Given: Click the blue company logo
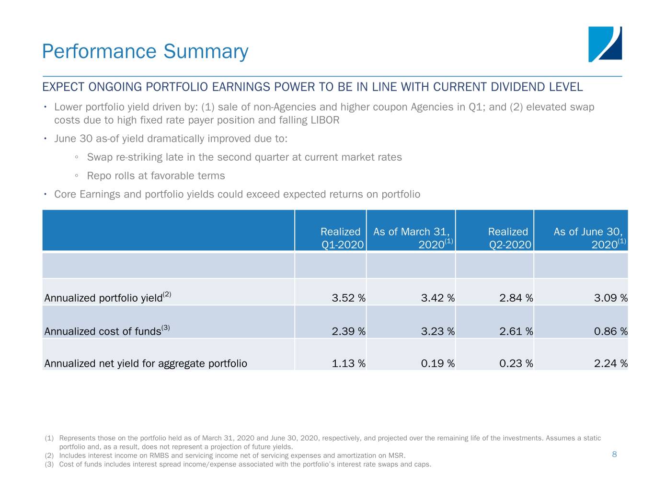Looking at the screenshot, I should tap(605, 44).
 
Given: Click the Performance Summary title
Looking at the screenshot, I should tap(145, 51).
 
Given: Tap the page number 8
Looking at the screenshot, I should tap(614, 454).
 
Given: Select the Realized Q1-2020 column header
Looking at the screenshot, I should tap(341, 238).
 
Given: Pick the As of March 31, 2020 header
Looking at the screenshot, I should tap(412, 238).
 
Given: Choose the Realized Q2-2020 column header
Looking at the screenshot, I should tap(509, 238).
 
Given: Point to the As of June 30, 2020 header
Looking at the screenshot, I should tap(589, 238).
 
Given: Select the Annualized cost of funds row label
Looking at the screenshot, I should tap(103, 331).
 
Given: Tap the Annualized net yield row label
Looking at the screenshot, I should tap(146, 363).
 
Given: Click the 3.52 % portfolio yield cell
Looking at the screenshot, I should tap(348, 298).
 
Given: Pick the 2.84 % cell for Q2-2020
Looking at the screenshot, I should tap(516, 298).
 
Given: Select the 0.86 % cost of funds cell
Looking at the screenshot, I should tap(610, 331).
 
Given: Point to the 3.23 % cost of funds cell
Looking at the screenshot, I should tap(437, 331).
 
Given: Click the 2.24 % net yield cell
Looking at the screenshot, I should tap(610, 363).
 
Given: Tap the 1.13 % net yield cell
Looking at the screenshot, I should tap(348, 363).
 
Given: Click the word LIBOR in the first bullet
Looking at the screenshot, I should tap(325, 120).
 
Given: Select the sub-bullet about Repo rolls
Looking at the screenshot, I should tap(156, 175).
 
